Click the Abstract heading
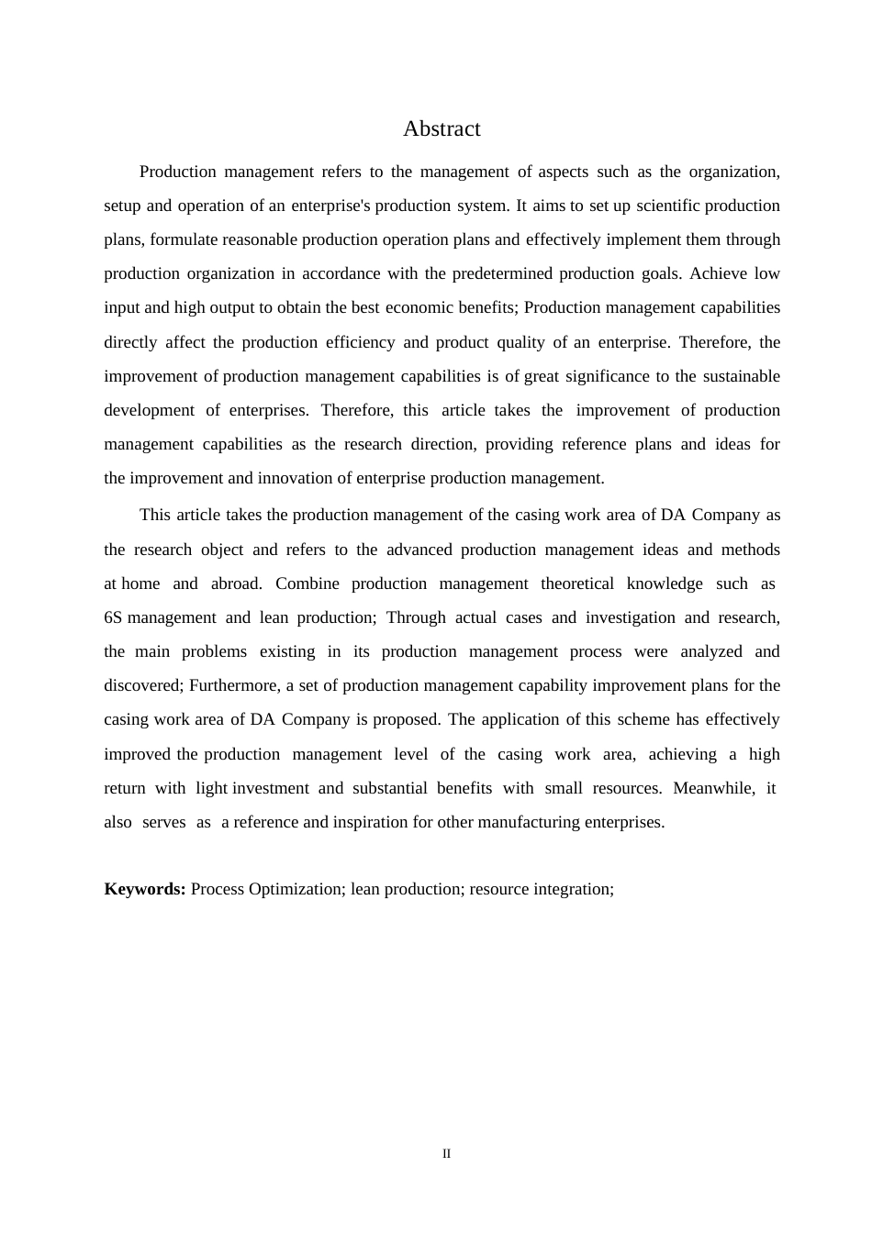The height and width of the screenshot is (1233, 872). click(x=442, y=129)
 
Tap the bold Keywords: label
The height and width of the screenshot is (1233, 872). click(x=145, y=889)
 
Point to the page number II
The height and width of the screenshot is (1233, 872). click(x=447, y=1154)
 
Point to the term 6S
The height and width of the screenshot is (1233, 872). click(x=113, y=617)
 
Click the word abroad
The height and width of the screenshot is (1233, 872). click(x=237, y=583)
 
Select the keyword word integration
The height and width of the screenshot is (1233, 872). click(x=565, y=889)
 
